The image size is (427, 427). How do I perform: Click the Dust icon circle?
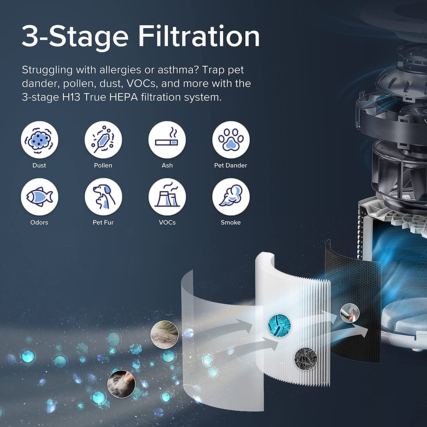[x=40, y=140]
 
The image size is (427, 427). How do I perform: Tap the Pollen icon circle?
[x=103, y=140]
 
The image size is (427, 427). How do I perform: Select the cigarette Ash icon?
[x=167, y=140]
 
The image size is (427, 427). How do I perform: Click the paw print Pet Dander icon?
[x=231, y=140]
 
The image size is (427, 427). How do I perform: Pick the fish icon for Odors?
[x=40, y=197]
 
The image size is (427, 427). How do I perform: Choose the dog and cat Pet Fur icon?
[x=103, y=197]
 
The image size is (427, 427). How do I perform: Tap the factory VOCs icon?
[x=167, y=197]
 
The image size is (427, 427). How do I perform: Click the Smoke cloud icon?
[x=231, y=197]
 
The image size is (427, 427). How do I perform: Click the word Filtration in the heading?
[x=199, y=36]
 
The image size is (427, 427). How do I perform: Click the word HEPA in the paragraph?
[x=124, y=97]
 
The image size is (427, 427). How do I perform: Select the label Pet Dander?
[x=231, y=165]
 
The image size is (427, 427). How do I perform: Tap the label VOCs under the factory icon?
[x=167, y=222]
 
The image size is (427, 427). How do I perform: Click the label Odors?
[x=39, y=222]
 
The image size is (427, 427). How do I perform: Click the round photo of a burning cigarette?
[x=350, y=313]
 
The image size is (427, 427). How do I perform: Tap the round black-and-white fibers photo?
[x=306, y=359]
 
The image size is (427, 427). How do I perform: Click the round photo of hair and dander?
[x=165, y=335]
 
